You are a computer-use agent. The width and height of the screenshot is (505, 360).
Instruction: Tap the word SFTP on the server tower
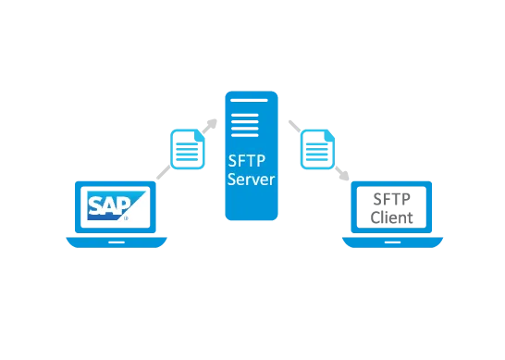(x=250, y=159)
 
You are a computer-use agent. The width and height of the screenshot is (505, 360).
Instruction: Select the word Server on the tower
(x=251, y=179)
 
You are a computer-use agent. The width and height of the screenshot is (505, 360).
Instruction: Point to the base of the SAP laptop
(x=116, y=242)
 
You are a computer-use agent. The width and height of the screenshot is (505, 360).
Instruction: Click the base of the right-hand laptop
(x=391, y=243)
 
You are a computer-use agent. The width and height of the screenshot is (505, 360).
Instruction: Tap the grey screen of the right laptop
(x=391, y=206)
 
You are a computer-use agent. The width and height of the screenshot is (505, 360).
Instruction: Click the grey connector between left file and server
(x=213, y=125)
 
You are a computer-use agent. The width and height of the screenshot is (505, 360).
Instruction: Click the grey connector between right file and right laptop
(x=343, y=173)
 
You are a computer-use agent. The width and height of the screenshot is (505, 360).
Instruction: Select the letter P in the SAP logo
(x=123, y=205)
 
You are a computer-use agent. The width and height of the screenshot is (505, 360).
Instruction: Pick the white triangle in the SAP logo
(x=138, y=212)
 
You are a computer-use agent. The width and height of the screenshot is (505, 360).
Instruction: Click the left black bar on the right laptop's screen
(x=363, y=206)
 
